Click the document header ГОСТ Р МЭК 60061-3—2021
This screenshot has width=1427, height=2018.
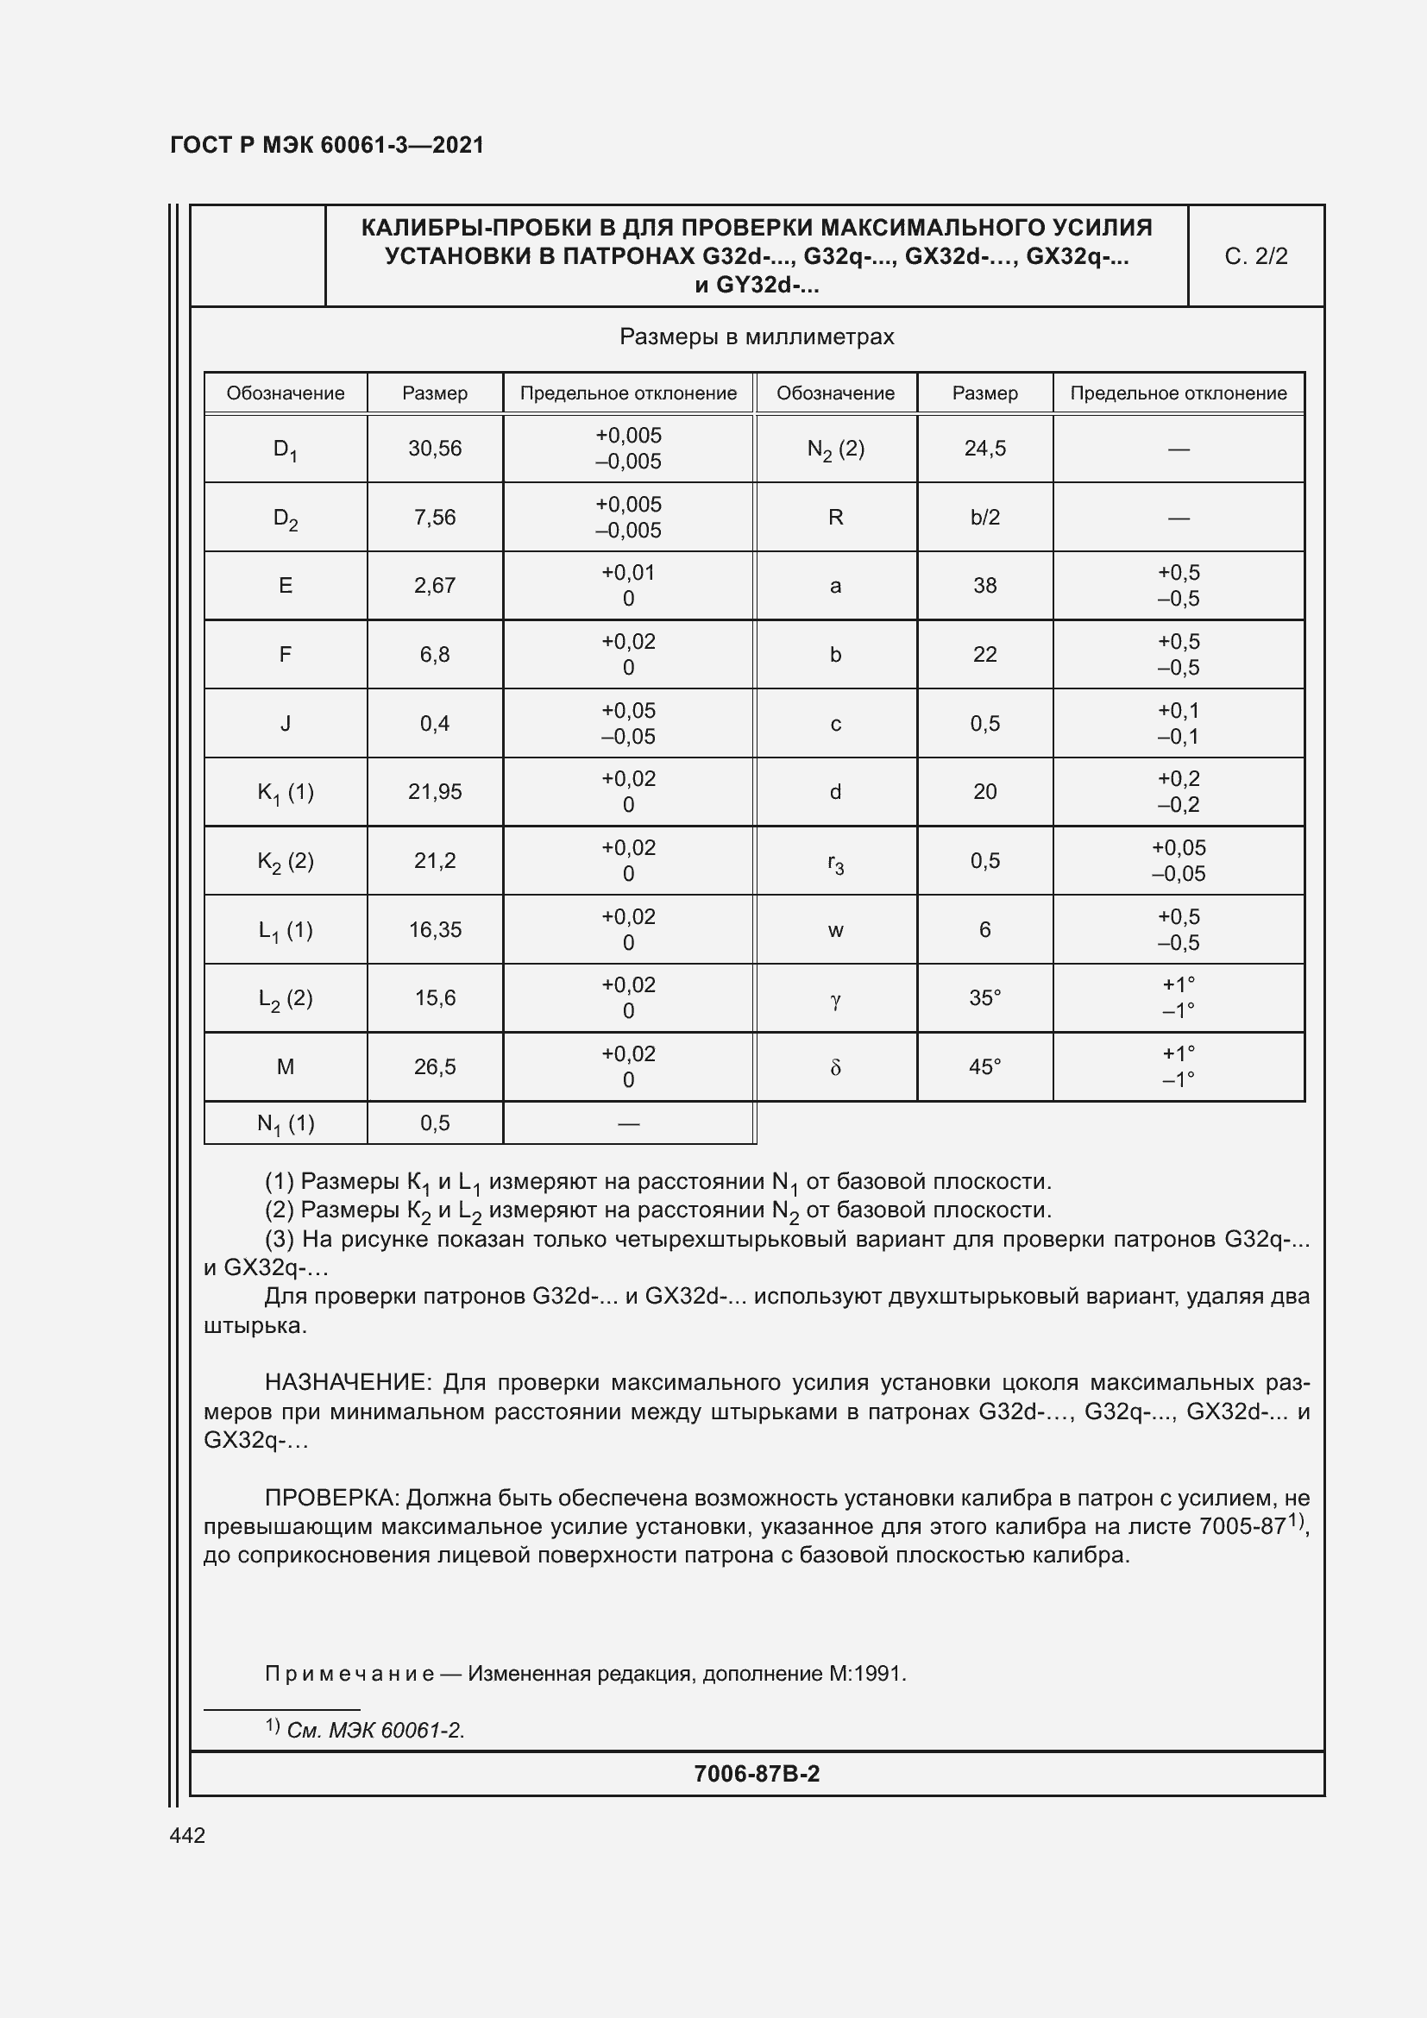[x=327, y=145]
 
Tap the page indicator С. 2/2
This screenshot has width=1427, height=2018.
[x=1255, y=256]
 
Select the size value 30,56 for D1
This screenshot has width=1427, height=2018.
[x=435, y=449]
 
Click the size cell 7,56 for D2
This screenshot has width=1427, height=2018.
[x=435, y=517]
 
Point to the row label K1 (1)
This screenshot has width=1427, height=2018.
[x=285, y=793]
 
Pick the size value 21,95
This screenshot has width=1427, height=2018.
[x=435, y=792]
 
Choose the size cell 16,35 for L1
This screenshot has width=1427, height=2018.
[x=435, y=930]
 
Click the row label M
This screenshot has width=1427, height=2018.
[x=285, y=1067]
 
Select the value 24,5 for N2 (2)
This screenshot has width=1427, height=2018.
[x=984, y=449]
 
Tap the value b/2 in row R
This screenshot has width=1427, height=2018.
[x=984, y=517]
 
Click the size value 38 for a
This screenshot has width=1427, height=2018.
[x=984, y=585]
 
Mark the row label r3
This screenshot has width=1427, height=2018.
[x=836, y=862]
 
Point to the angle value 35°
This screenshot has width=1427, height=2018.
[x=984, y=998]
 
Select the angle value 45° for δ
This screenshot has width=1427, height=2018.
[x=984, y=1067]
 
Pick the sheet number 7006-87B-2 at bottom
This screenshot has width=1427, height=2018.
[x=757, y=1774]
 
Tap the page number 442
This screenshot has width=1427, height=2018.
[x=187, y=1835]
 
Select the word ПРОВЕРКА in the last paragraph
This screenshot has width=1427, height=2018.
[x=333, y=1498]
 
